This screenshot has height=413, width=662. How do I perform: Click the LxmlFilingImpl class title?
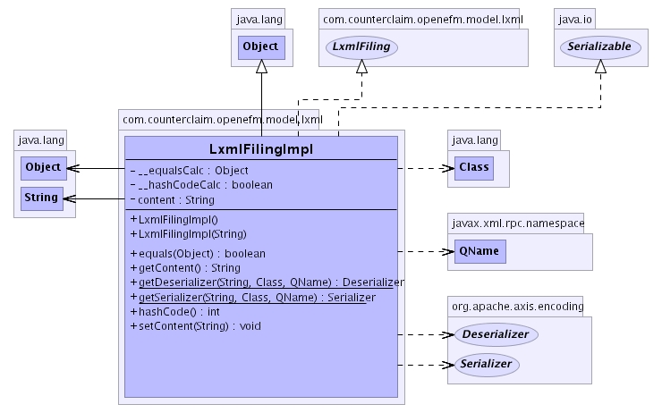(259, 148)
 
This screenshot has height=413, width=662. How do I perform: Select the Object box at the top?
(261, 46)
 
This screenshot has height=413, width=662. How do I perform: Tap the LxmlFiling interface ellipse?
(361, 46)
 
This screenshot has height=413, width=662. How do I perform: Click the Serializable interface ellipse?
(600, 46)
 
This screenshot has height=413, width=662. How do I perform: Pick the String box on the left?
(42, 198)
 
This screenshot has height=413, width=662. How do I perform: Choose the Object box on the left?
(42, 167)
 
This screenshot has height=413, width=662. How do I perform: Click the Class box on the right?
(473, 167)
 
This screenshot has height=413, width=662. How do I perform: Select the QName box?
(479, 251)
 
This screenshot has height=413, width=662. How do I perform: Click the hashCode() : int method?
(174, 311)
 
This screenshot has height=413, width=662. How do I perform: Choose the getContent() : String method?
(184, 267)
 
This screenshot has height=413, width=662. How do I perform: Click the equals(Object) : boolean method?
(197, 253)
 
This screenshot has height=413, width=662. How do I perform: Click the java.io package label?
(576, 17)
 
